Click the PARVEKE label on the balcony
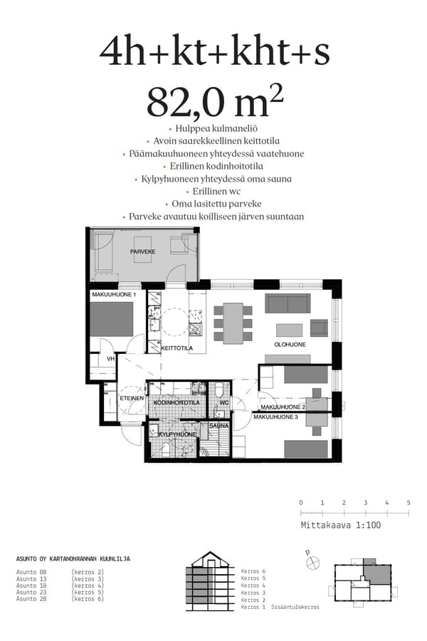[142, 251]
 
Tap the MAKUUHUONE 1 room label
[113, 294]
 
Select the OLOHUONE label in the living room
[290, 344]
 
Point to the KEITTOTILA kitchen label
[177, 348]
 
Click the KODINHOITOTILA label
[176, 402]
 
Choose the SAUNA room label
[218, 425]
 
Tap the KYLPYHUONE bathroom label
[176, 434]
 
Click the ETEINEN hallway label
[131, 399]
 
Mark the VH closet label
[110, 359]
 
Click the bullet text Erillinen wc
[214, 192]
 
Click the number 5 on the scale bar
[408, 503]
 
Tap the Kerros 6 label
[253, 571]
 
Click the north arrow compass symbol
[312, 562]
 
